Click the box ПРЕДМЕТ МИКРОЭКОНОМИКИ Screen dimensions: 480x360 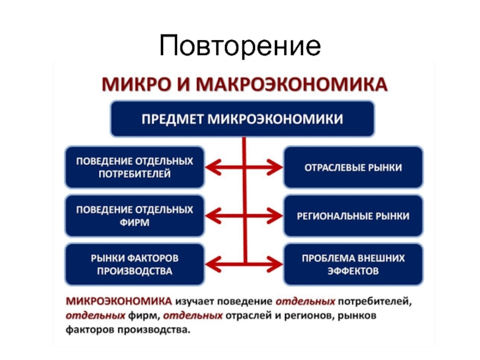coord(242,119)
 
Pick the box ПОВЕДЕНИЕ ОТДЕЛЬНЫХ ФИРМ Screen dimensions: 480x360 coord(134,216)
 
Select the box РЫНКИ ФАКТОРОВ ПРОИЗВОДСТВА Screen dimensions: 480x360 coord(134,264)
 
